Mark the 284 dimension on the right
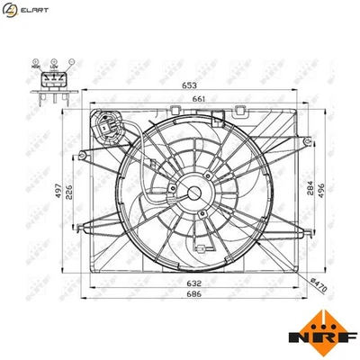310,190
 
